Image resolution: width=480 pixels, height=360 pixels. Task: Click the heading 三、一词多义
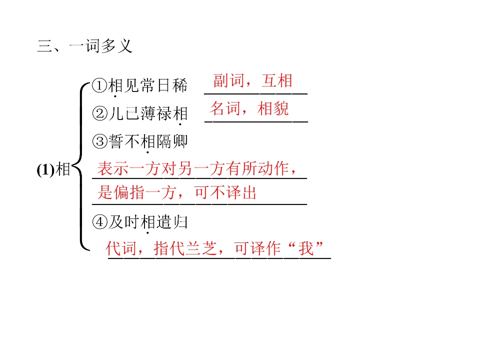point(84,46)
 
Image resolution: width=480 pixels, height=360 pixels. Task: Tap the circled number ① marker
point(100,85)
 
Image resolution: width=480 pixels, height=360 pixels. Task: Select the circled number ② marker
point(100,113)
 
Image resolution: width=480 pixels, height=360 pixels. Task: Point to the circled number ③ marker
point(100,141)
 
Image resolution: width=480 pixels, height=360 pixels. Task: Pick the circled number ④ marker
point(100,222)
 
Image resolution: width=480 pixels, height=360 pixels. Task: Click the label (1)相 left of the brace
point(53,170)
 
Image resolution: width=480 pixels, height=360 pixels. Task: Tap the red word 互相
point(277,81)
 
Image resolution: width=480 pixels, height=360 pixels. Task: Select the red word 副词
point(228,81)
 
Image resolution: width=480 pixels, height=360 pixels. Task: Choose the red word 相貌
point(273,108)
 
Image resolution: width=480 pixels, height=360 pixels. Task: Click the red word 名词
point(225,108)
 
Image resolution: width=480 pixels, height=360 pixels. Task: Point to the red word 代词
point(121,248)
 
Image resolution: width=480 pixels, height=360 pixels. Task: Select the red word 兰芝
point(201,248)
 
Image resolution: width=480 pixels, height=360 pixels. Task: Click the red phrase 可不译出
point(225,193)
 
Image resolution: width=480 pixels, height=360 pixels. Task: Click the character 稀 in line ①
point(179,85)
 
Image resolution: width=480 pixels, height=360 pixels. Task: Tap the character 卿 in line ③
point(179,141)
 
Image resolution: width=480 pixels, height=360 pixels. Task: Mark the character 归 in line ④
point(179,222)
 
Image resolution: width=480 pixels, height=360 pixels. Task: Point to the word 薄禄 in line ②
point(156,113)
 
